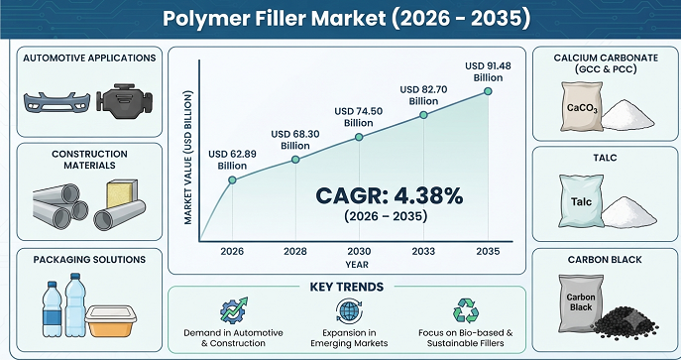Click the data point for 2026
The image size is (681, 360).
[232, 180]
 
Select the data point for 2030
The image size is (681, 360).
[359, 137]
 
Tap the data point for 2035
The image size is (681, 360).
[488, 91]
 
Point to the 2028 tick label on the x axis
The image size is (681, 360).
[295, 252]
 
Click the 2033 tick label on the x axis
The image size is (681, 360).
[423, 252]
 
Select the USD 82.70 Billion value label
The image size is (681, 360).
[423, 95]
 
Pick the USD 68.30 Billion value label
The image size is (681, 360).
[295, 140]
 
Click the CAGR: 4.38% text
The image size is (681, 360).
[390, 196]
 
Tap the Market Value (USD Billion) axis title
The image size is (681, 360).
[187, 158]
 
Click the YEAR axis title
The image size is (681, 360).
[357, 265]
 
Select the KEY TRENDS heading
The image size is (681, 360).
[347, 287]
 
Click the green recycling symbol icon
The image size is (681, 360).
[466, 310]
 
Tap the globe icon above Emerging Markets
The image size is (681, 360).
[349, 310]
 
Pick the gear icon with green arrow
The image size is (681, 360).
[233, 309]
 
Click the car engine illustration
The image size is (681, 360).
[124, 101]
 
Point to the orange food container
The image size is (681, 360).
[111, 321]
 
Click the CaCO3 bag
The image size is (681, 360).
[582, 106]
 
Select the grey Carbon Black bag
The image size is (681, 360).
[581, 302]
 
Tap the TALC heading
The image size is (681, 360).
[605, 158]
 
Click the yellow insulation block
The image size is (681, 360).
[122, 193]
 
